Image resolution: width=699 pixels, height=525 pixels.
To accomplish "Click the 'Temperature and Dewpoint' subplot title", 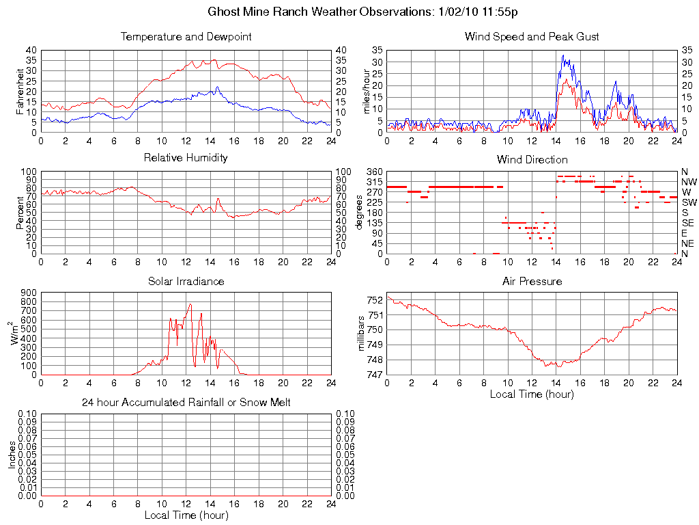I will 186,36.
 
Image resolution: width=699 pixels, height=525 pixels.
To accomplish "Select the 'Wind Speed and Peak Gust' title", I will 532,36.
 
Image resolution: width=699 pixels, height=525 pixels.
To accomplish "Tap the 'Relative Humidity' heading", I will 186,158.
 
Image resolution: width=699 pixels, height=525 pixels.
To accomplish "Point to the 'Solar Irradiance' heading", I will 186,281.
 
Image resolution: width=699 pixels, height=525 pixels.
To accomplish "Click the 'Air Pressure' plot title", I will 532,281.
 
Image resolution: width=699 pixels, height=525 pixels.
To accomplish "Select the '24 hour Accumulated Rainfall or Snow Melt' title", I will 186,403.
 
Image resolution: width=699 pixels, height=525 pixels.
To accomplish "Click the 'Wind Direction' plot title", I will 532,159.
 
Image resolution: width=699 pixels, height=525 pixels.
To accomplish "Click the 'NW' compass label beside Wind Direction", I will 689,182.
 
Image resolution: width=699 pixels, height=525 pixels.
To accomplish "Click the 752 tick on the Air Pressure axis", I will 375,300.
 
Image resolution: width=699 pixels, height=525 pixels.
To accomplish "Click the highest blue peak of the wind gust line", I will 563,55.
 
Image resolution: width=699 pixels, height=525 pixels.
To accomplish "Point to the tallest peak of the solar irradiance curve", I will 190,304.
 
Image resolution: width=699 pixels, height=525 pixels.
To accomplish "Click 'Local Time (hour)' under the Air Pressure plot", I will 532,394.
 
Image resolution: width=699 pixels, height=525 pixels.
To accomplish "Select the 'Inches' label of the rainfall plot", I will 12,455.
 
